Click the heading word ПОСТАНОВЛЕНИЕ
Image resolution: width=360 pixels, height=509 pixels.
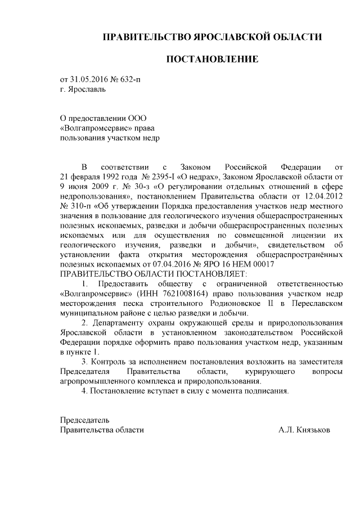point(211,59)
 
